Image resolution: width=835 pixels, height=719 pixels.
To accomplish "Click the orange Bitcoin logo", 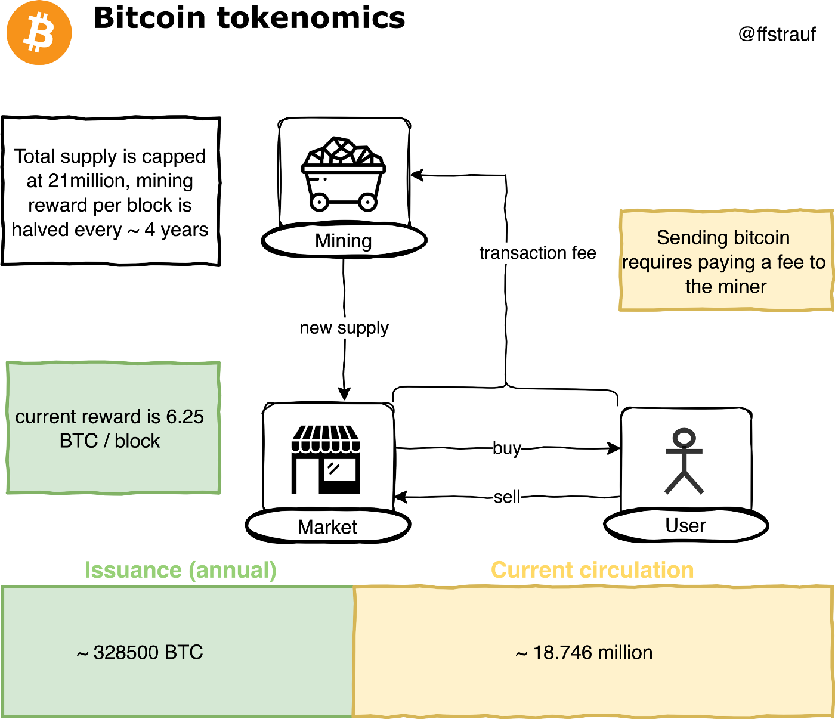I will point(39,33).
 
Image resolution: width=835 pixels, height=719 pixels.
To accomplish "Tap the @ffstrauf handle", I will point(777,34).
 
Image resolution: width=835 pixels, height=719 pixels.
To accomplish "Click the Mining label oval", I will point(344,241).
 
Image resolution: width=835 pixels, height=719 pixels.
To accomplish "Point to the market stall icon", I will point(326,459).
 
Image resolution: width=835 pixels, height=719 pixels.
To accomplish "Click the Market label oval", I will point(327,527).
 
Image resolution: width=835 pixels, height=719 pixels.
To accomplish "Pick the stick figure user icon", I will point(684,461).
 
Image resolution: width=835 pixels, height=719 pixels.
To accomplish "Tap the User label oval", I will point(686,526).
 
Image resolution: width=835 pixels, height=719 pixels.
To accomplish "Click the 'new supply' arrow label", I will point(344,328).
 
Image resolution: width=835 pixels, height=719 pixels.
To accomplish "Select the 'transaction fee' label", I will point(537,253).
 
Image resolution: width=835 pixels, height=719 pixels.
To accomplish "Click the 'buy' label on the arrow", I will point(506,448).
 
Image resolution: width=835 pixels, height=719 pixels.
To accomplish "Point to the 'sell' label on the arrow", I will point(507,497).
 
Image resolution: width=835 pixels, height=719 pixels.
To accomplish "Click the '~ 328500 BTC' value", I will point(141,652).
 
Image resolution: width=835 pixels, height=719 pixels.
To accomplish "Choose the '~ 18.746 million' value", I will point(584,652).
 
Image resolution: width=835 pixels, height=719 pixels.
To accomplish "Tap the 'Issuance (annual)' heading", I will point(180,570).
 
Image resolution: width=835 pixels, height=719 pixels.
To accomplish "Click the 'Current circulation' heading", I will point(592,570).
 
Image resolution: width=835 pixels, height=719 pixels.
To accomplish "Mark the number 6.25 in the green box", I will point(185,416).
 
